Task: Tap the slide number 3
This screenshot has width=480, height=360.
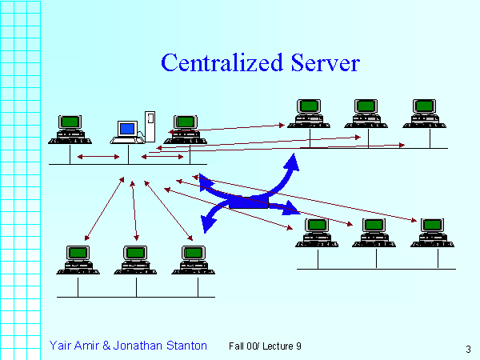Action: [467, 349]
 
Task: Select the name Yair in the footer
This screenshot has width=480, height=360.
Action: [62, 346]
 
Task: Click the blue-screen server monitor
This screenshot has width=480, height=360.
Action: [127, 129]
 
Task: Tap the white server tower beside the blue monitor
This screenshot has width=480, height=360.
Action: [149, 124]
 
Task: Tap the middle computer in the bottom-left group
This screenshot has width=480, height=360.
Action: [135, 258]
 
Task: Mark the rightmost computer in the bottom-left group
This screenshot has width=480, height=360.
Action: [192, 258]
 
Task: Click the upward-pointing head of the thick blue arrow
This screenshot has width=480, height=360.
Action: [294, 161]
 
